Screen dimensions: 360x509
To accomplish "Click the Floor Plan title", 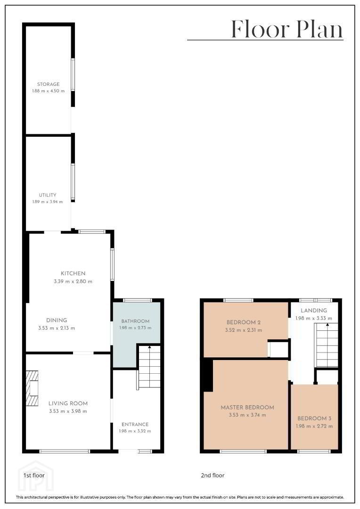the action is coord(287,29).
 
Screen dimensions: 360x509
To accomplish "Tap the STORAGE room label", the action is coord(49,84).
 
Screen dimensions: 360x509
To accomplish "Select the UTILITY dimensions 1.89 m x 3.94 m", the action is coord(48,202).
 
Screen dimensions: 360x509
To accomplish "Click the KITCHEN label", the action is coord(73,273).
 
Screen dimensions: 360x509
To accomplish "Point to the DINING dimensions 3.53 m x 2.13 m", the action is coord(57,328).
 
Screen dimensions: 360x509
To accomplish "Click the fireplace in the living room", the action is coord(32,388).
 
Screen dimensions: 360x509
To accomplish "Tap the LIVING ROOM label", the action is coord(68,403).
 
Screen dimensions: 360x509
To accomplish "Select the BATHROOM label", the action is coord(135,321).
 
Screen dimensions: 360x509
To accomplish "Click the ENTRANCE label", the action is coord(135,424).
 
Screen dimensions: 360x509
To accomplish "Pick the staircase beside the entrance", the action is coord(149,367).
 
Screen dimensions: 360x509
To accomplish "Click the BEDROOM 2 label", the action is coord(244,322).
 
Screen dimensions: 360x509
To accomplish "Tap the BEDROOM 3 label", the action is coord(314,419).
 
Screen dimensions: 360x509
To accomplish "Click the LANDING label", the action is coord(313,310).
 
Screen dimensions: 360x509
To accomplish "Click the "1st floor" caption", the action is coord(34,475).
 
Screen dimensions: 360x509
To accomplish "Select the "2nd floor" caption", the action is coord(213,475).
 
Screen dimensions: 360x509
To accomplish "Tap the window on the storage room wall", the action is coord(73,74).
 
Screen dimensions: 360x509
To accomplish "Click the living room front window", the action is coord(64,451).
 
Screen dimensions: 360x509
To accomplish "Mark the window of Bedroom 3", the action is coord(314,451).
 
